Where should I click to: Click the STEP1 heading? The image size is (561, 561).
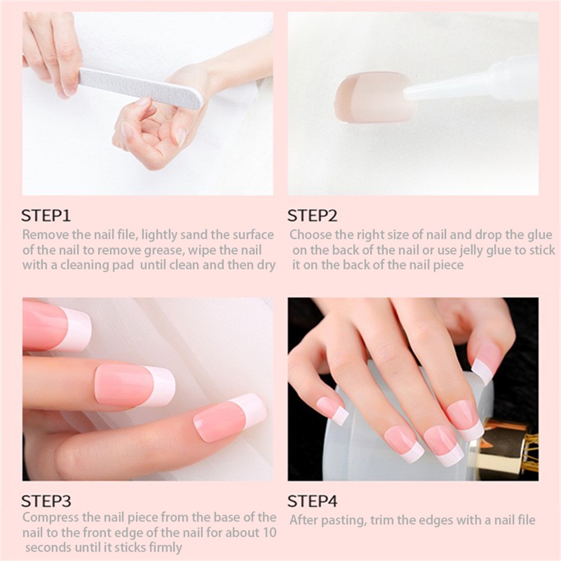pos(46,215)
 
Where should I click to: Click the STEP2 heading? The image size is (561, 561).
pos(312,215)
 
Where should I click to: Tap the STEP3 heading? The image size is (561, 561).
pos(46,501)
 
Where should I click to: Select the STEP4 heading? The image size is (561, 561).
pos(312,501)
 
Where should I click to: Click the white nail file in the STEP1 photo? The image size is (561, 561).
pos(141,88)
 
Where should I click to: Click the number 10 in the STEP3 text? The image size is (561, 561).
pos(269,532)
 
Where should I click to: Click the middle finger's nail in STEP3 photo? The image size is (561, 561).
pos(135,387)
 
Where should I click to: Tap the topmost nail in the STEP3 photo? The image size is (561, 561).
pos(57,325)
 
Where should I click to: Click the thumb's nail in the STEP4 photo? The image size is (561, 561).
pos(485,359)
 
